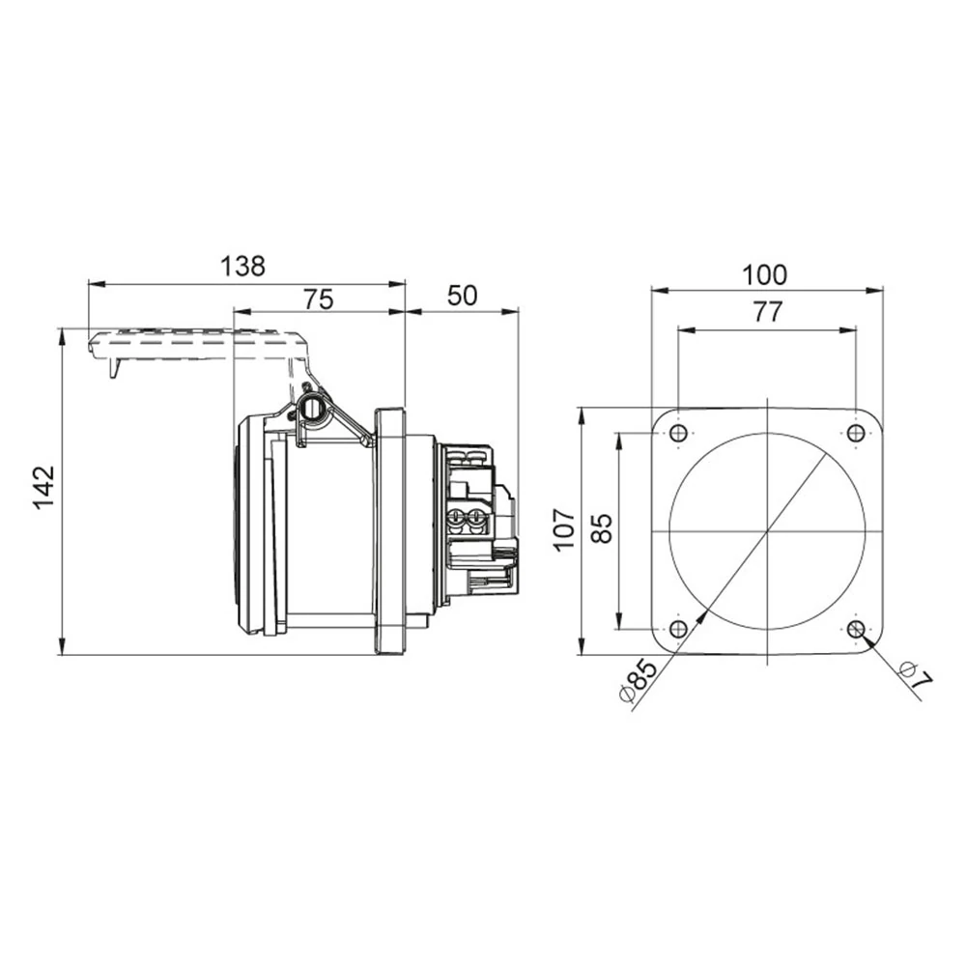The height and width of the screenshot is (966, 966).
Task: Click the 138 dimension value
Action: [242, 267]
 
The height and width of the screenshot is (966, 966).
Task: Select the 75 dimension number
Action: [318, 298]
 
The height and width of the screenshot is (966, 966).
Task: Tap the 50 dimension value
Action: [463, 296]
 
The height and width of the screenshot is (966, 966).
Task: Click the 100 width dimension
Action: [765, 274]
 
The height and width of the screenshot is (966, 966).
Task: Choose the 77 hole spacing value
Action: [767, 312]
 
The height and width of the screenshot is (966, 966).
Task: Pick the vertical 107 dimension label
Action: [564, 530]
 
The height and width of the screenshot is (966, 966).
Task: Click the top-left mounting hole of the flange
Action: [678, 433]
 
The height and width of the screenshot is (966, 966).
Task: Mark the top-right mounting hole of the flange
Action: [856, 433]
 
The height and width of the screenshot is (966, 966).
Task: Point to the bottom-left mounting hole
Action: [678, 629]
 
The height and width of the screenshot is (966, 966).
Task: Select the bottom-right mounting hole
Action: [856, 629]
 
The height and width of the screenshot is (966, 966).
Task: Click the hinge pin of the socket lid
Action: [311, 407]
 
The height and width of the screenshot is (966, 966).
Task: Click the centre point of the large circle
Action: [767, 532]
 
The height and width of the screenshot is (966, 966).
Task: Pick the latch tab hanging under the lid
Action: [114, 367]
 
